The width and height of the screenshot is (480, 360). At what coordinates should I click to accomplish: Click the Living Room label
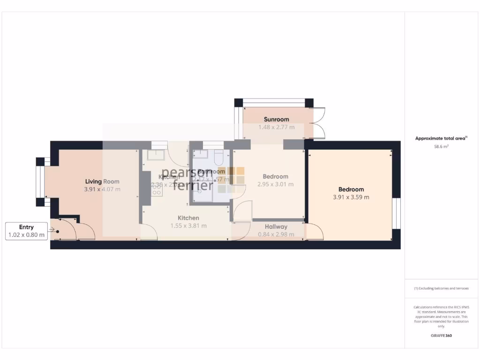[102, 181]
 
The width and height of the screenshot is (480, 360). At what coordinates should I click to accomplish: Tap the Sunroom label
[276, 119]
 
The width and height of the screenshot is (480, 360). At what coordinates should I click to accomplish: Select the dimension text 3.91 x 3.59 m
[351, 197]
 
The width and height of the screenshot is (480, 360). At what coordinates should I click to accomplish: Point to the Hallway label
[276, 227]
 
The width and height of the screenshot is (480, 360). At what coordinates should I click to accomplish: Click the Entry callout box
[26, 231]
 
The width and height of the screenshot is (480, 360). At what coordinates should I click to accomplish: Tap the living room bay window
[41, 182]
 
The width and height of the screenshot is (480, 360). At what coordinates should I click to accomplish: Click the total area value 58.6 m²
[441, 147]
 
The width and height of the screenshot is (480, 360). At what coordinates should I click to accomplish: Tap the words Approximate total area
[441, 138]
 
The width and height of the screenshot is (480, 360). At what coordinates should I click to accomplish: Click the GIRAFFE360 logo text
[441, 336]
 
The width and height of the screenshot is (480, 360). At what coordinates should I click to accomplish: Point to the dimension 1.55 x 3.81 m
[188, 225]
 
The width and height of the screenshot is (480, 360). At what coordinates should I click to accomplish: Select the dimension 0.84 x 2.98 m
[276, 234]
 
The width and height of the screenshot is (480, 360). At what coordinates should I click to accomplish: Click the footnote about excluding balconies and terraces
[441, 288]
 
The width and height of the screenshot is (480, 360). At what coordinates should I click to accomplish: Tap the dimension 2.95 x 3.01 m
[276, 184]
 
